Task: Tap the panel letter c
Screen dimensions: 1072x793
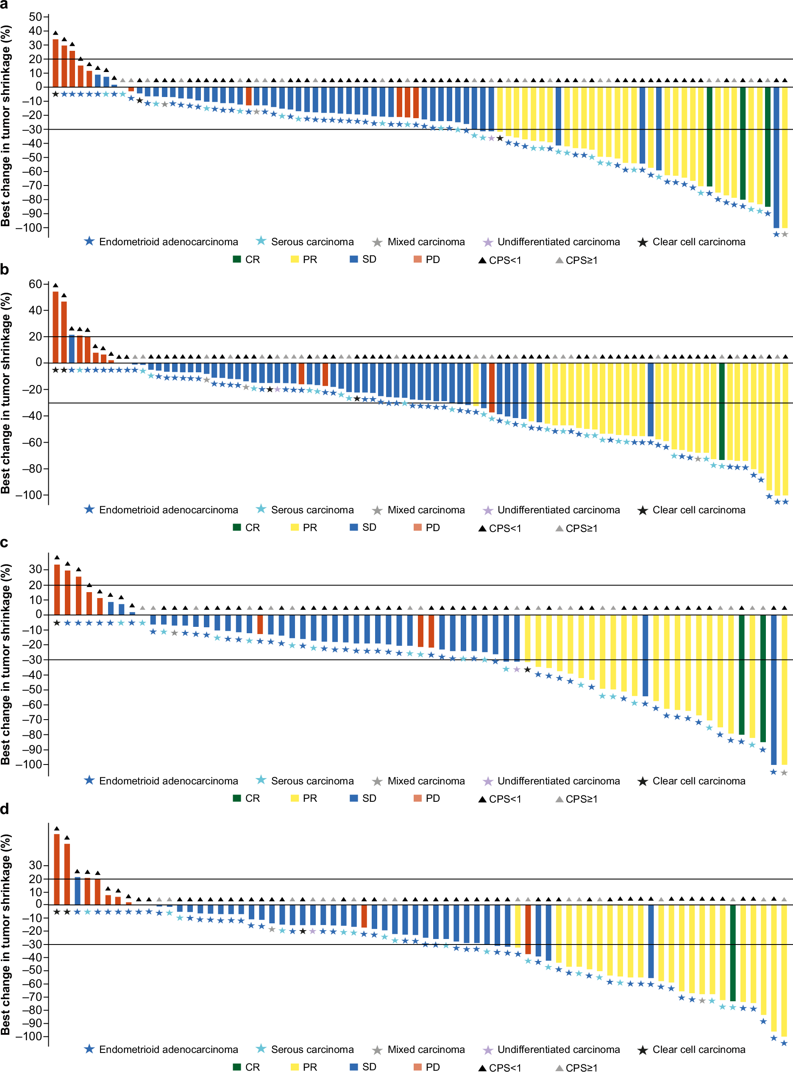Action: [4, 543]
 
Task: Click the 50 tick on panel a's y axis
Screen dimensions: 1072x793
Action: [36, 17]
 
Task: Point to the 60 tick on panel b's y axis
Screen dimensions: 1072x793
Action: [36, 284]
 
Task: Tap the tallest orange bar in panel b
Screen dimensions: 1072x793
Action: [56, 327]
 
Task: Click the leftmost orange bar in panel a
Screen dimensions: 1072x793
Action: [56, 63]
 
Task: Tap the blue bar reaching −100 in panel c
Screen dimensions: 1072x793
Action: [774, 690]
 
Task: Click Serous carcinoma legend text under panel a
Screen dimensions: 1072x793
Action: [312, 242]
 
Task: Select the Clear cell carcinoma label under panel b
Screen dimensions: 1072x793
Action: [698, 510]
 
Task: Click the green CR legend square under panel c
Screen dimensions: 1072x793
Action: [237, 798]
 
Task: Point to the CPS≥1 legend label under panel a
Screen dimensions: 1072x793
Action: [582, 260]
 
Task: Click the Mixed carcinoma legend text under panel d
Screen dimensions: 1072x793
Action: [426, 1050]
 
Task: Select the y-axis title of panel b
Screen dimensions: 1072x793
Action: [6, 393]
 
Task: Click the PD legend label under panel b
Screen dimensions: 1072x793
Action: [432, 528]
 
